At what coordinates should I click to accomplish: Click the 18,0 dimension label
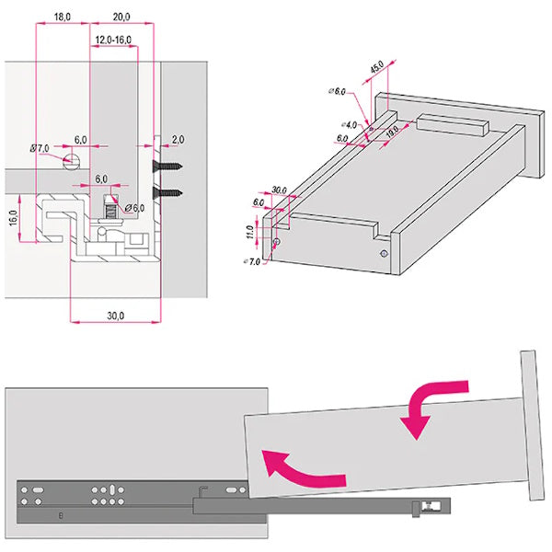(x=62, y=17)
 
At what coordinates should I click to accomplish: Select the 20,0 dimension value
(x=121, y=17)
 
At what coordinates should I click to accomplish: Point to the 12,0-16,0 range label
(x=113, y=40)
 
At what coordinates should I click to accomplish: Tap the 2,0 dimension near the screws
(x=177, y=139)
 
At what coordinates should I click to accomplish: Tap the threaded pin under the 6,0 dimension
(x=111, y=210)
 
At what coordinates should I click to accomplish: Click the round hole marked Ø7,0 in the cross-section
(x=71, y=160)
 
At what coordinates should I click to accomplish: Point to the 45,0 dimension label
(x=377, y=68)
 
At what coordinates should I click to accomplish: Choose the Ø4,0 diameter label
(x=349, y=124)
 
